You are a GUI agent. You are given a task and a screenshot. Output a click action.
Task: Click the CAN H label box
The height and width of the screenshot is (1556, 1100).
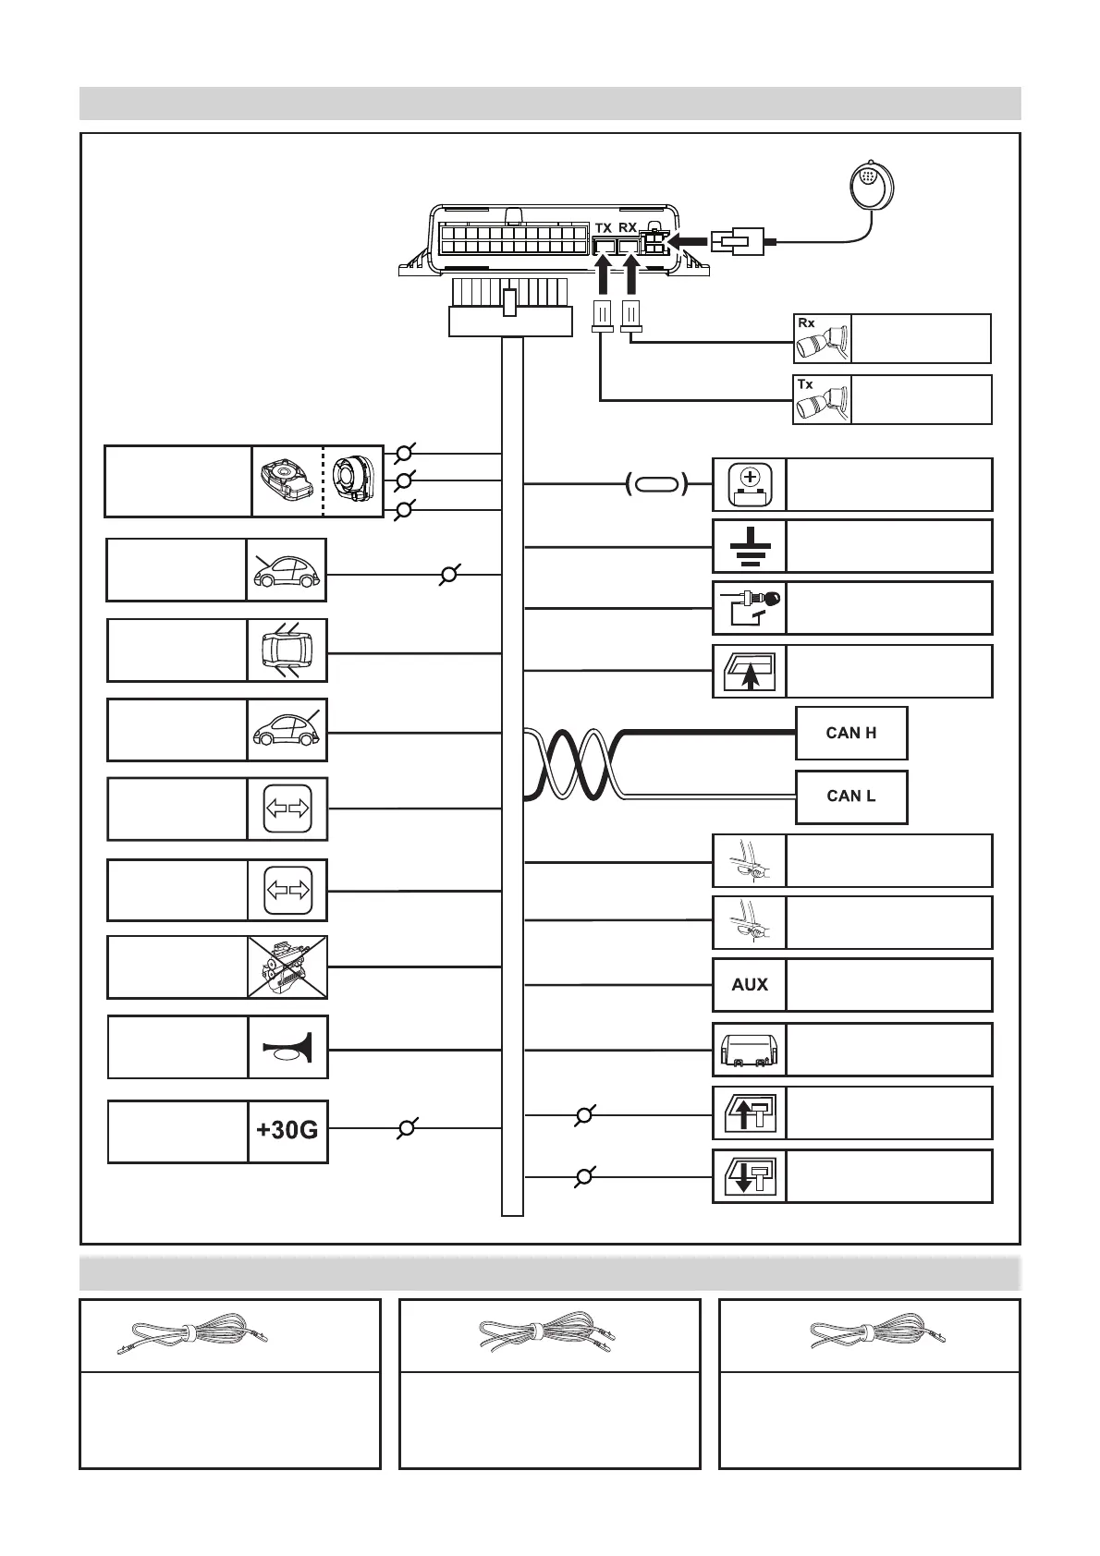851,733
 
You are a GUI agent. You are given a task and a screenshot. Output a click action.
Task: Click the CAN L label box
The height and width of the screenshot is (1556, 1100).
851,796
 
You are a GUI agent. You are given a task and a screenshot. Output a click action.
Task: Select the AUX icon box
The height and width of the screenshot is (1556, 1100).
750,985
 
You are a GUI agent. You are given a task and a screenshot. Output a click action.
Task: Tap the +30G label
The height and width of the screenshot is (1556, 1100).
287,1130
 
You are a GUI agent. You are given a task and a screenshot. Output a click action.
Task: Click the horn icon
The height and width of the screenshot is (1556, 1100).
287,1047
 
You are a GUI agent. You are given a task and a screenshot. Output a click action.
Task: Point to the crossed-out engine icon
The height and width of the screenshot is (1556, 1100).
287,966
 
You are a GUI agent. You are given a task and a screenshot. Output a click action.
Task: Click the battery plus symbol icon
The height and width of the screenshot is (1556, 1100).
750,484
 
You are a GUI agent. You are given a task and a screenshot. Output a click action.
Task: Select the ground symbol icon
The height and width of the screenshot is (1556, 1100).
750,546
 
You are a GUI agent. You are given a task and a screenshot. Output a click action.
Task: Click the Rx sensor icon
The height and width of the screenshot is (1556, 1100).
822,339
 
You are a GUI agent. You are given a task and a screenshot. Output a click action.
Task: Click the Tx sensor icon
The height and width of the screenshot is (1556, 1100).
822,400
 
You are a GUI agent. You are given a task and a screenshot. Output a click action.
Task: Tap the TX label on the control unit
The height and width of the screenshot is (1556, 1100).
604,227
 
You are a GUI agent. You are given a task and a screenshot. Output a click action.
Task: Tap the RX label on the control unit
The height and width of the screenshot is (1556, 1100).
629,227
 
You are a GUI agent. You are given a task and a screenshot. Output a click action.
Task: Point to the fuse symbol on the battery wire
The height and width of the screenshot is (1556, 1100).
656,483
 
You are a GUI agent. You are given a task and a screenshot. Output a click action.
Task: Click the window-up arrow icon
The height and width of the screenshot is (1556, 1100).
750,671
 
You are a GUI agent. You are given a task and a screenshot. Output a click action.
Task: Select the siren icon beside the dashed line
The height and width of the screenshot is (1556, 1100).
352,480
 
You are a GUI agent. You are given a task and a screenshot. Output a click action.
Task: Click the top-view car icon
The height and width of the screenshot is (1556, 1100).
287,650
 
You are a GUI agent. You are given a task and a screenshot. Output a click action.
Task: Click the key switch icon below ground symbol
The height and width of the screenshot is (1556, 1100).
750,607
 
